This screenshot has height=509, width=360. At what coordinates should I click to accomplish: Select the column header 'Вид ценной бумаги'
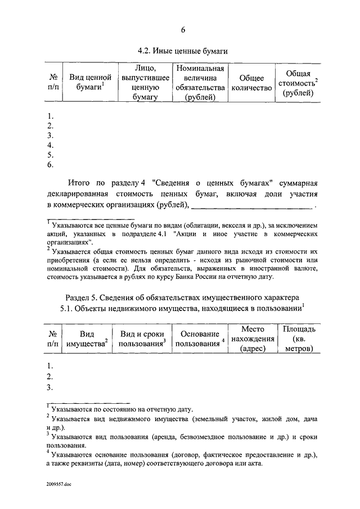[x=90, y=82]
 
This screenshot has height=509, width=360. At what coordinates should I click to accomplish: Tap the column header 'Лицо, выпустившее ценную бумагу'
[x=145, y=82]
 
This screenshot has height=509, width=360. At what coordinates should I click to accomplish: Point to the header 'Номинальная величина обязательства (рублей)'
[x=200, y=82]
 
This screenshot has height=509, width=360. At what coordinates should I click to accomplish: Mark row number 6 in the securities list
[x=50, y=165]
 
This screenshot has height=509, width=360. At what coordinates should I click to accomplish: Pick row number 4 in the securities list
[x=50, y=145]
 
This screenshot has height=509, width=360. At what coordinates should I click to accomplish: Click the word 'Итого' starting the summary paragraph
[x=80, y=183]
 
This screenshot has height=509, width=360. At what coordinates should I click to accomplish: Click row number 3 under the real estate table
[x=50, y=388]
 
